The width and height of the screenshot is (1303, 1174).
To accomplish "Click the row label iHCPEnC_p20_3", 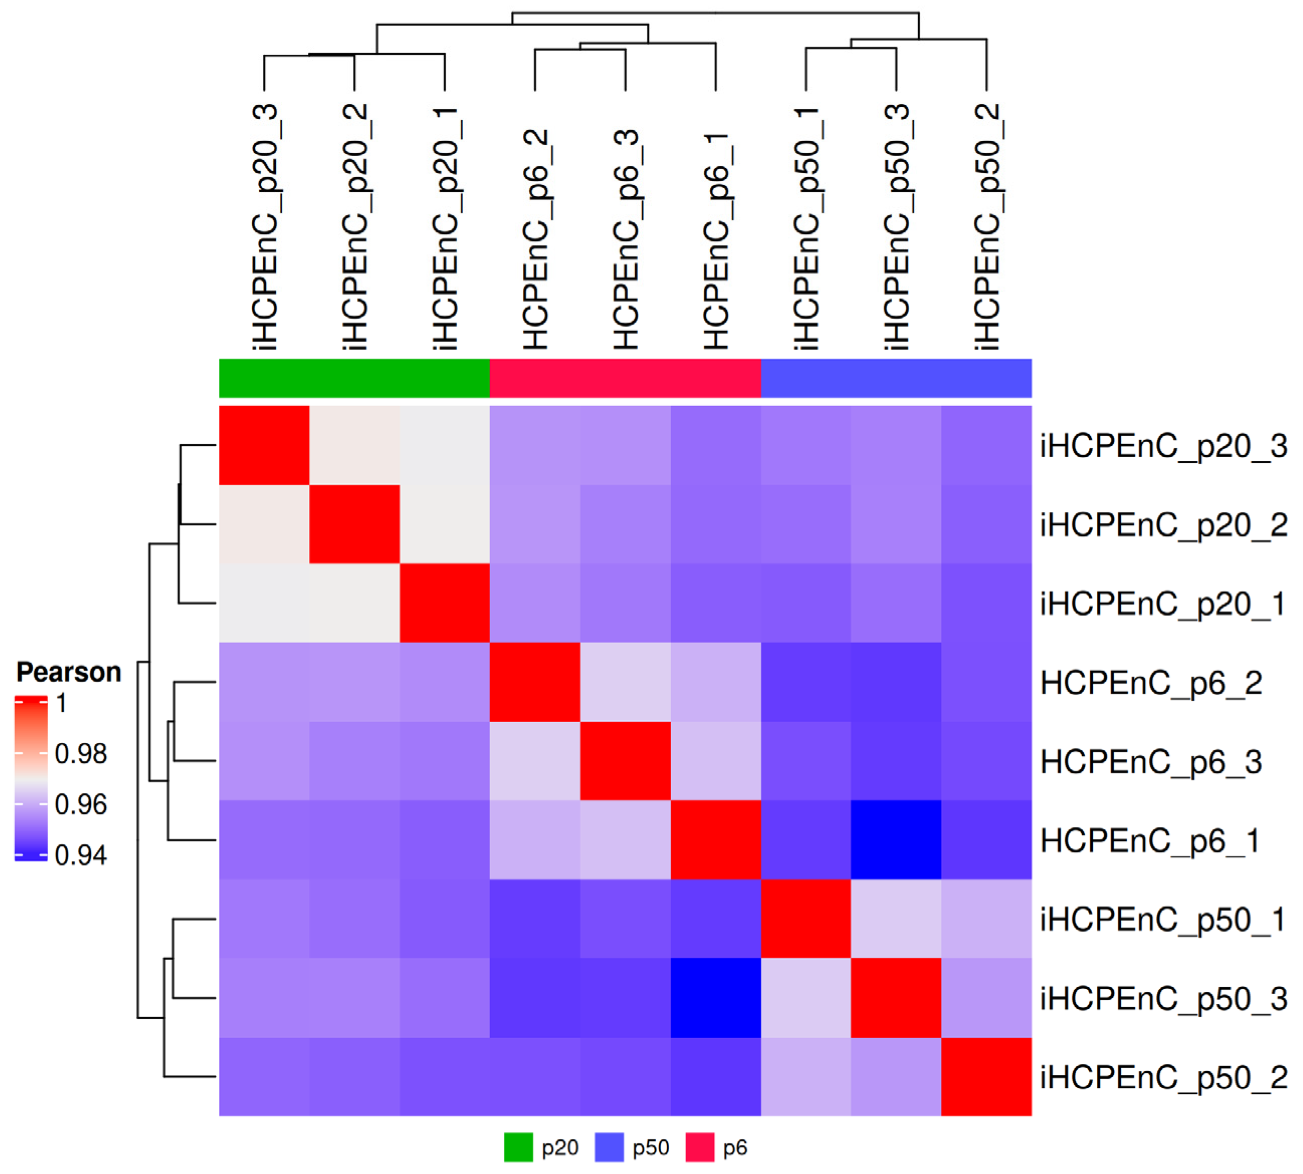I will click(1163, 446).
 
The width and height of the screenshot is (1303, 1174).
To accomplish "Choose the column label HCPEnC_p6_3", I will click(625, 239).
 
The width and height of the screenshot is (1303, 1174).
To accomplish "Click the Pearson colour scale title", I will click(68, 672).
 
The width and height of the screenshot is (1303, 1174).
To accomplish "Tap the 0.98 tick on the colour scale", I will click(81, 753).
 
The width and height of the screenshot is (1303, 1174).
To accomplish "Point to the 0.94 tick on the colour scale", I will click(81, 855).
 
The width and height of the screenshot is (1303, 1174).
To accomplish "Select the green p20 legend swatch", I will click(518, 1147).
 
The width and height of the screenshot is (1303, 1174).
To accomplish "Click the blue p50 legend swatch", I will click(609, 1147).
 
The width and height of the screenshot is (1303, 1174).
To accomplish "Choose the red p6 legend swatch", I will click(699, 1147).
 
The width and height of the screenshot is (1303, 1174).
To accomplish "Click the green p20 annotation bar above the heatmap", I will click(354, 378).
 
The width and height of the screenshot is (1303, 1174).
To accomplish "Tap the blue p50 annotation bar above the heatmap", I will click(896, 378).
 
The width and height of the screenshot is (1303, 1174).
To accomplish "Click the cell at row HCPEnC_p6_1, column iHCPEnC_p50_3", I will click(896, 840).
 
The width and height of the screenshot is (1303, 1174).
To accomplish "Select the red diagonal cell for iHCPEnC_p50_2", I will click(986, 1077).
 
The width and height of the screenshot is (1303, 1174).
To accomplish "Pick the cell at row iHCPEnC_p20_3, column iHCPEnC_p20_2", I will click(355, 445).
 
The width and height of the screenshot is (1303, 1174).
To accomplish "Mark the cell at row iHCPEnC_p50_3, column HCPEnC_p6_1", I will click(715, 998).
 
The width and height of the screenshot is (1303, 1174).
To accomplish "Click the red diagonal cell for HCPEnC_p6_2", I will click(535, 682).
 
